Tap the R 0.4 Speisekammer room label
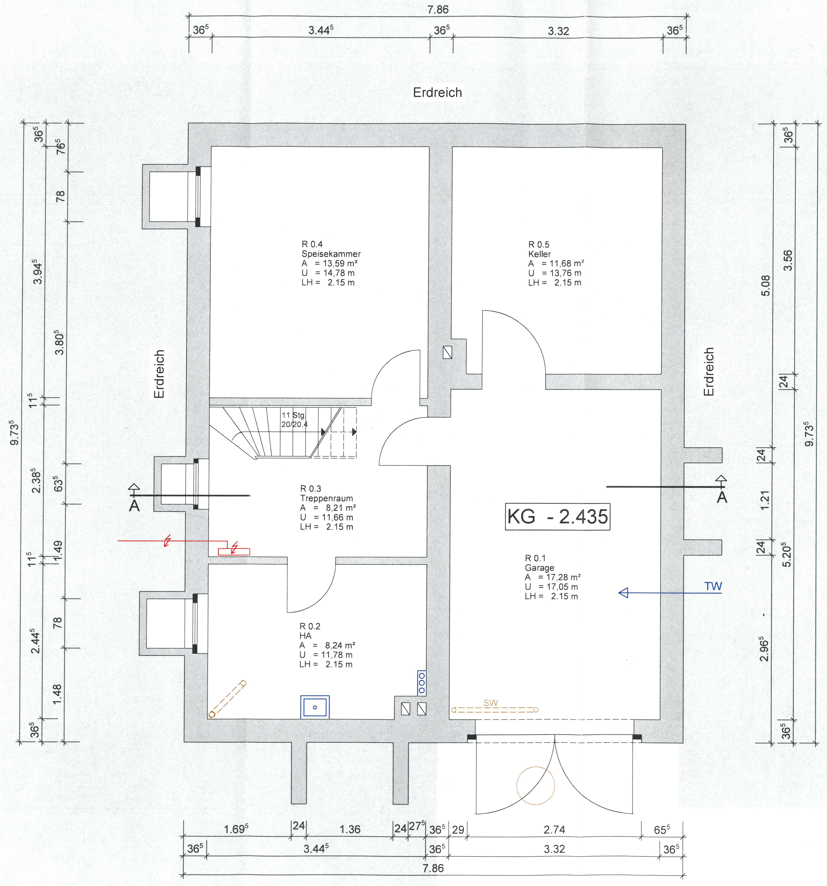click(331, 249)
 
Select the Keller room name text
click(540, 254)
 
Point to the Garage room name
click(539, 568)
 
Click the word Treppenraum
click(327, 498)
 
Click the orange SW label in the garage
click(491, 703)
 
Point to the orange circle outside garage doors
click(536, 785)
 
